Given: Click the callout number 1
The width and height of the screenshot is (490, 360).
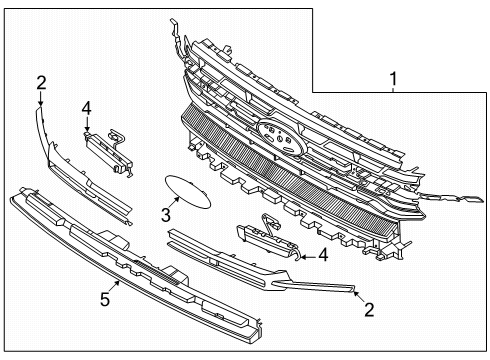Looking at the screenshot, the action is (x=393, y=79).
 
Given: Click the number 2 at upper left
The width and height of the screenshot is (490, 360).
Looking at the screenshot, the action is (x=41, y=83).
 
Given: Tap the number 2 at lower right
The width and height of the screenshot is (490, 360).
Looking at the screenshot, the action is (x=369, y=310).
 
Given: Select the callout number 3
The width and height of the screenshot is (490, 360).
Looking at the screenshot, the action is (x=166, y=215).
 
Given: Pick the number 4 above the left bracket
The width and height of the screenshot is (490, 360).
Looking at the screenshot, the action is (x=86, y=109).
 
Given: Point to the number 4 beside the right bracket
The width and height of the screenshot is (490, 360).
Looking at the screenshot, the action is (x=323, y=255).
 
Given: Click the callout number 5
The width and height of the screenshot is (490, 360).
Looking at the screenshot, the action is (x=105, y=299).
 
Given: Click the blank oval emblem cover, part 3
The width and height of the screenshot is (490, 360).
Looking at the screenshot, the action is (x=188, y=192).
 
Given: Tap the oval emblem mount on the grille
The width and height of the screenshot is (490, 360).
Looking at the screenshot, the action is (x=281, y=136).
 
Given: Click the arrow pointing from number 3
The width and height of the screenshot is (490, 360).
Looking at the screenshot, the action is (x=174, y=203).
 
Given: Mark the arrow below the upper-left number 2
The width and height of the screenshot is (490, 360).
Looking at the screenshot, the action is (x=40, y=99).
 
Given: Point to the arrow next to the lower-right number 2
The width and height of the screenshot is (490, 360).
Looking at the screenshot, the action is (x=358, y=296).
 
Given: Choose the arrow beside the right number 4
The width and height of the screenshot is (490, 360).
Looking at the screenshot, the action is (x=307, y=257).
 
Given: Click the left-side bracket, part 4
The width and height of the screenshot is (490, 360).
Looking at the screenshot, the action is (x=108, y=153).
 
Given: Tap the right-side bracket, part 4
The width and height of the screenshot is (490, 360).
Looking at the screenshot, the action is (x=267, y=238).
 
